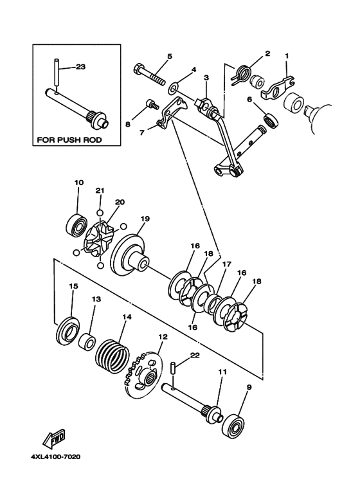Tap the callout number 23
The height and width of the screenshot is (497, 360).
[80, 67]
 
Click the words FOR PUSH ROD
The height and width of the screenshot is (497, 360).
[69, 140]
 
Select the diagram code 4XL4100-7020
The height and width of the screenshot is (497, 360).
[55, 456]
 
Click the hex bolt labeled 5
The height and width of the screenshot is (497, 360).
[149, 74]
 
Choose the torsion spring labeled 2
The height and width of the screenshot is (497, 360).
[242, 75]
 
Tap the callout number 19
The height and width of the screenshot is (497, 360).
[145, 219]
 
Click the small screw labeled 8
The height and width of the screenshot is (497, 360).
[152, 105]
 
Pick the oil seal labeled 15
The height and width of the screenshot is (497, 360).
[67, 330]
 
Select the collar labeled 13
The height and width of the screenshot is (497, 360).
[87, 341]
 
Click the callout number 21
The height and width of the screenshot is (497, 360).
[100, 190]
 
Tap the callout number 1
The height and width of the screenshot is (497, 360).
[287, 57]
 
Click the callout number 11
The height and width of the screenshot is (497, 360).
[222, 372]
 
